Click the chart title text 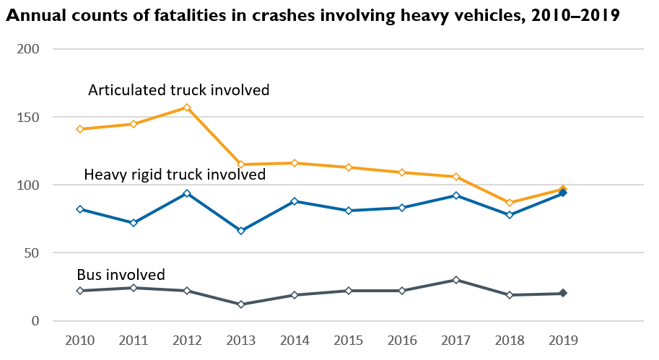[x=313, y=16]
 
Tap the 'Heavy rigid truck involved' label [x=175, y=175]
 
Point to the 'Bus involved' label [x=121, y=274]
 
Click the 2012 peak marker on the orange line [x=187, y=107]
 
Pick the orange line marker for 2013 [x=241, y=164]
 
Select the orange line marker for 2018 [x=510, y=203]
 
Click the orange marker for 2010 [x=79, y=129]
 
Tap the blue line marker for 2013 [x=241, y=231]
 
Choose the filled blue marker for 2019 [x=563, y=193]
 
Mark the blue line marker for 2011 [x=134, y=223]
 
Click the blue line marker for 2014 [x=294, y=201]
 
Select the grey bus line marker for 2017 [x=455, y=280]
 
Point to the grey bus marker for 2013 [x=241, y=304]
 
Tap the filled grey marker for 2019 [x=563, y=293]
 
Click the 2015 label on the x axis [x=348, y=339]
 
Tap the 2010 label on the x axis [x=79, y=339]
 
